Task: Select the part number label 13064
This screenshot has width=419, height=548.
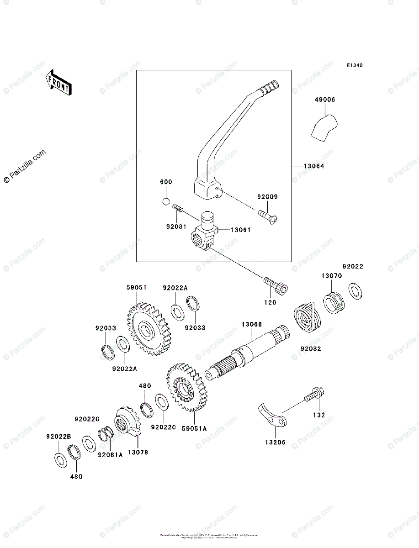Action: [x=314, y=166]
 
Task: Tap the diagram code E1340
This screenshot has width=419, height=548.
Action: [x=354, y=66]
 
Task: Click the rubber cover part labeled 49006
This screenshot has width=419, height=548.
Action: [x=324, y=126]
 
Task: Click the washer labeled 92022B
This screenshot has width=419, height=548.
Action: [x=60, y=459]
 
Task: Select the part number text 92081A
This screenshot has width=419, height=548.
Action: [x=110, y=455]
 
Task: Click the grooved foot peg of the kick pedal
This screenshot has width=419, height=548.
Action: [x=269, y=87]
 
